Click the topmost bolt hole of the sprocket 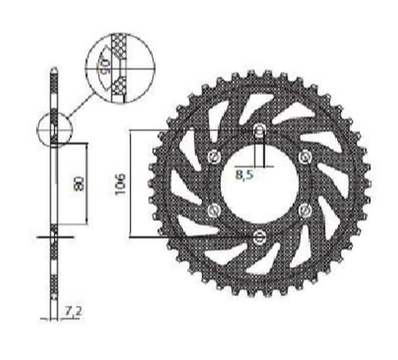tap(259, 133)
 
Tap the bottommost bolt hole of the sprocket tap(259, 234)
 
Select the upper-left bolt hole tap(214, 158)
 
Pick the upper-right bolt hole tap(303, 158)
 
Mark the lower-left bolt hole tap(214, 210)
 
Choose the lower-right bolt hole tap(303, 210)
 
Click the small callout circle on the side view tap(54, 131)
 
